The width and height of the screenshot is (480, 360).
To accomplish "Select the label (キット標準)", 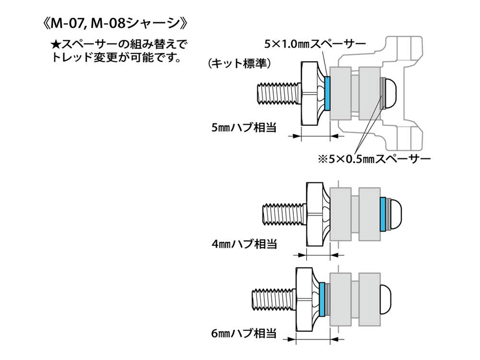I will coord(240,63).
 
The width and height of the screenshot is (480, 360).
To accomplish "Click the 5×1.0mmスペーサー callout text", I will coord(315,44).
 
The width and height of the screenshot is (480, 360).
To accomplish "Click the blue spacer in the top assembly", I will coord(328,93).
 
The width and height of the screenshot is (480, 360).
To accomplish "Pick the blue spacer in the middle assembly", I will coord(383,213).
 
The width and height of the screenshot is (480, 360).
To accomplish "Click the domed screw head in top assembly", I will coord(390,93).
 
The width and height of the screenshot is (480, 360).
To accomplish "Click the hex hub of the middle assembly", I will coord(317,213).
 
